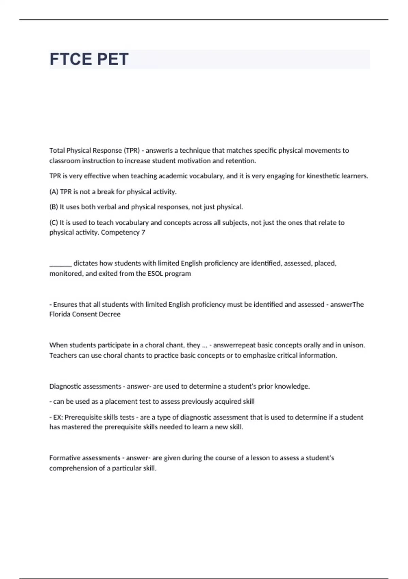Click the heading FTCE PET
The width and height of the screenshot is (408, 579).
(89, 59)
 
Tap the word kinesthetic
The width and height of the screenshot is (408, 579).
(325, 176)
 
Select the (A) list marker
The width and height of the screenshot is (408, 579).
(54, 192)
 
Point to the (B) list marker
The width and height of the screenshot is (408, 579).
(54, 207)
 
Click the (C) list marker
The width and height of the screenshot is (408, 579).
(54, 223)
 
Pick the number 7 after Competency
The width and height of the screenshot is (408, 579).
(143, 233)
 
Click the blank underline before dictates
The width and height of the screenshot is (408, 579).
(61, 264)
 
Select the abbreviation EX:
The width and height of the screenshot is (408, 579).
(58, 417)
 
